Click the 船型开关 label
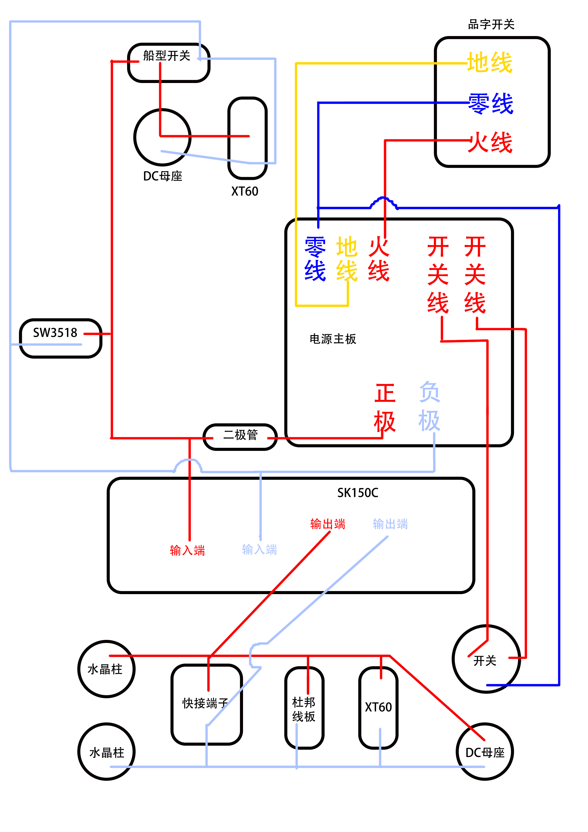point(167,56)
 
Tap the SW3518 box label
point(55,333)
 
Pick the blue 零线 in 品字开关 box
point(491,104)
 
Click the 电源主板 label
point(333,339)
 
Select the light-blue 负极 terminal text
point(429,406)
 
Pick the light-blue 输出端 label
point(390,524)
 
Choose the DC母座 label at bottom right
point(485,753)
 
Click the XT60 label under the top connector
point(245,191)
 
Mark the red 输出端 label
point(327,524)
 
